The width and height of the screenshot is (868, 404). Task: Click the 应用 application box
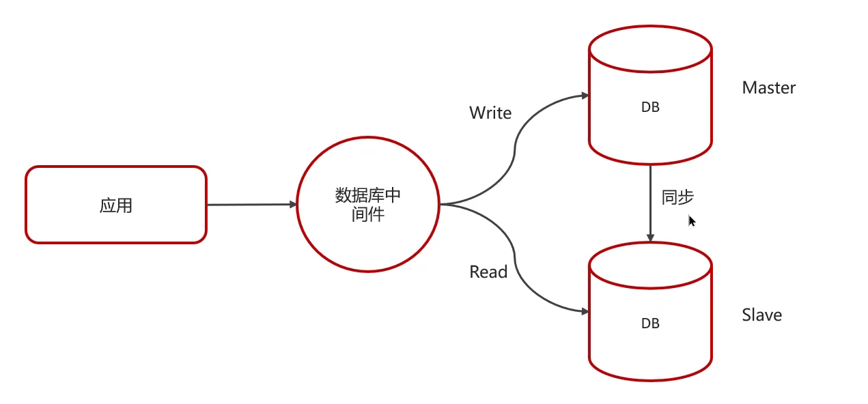[115, 225]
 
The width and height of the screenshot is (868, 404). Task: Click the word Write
[490, 113]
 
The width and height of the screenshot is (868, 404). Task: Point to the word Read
[488, 272]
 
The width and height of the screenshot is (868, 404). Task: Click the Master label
[768, 88]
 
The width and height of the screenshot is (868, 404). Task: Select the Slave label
[761, 315]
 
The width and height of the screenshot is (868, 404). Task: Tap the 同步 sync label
[677, 198]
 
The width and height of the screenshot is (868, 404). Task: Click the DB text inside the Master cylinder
[650, 107]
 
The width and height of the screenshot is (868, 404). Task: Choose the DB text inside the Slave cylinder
[650, 323]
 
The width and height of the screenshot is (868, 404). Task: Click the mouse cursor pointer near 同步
[691, 220]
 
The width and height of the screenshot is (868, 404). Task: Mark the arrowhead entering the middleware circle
[293, 204]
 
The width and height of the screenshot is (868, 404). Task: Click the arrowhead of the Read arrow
[585, 311]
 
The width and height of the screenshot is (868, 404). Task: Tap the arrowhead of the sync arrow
[650, 238]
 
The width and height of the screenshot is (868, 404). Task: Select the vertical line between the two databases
[650, 198]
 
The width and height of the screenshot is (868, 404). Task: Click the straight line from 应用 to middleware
[249, 204]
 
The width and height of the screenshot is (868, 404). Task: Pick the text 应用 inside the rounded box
[115, 205]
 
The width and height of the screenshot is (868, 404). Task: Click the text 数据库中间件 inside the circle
[368, 205]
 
